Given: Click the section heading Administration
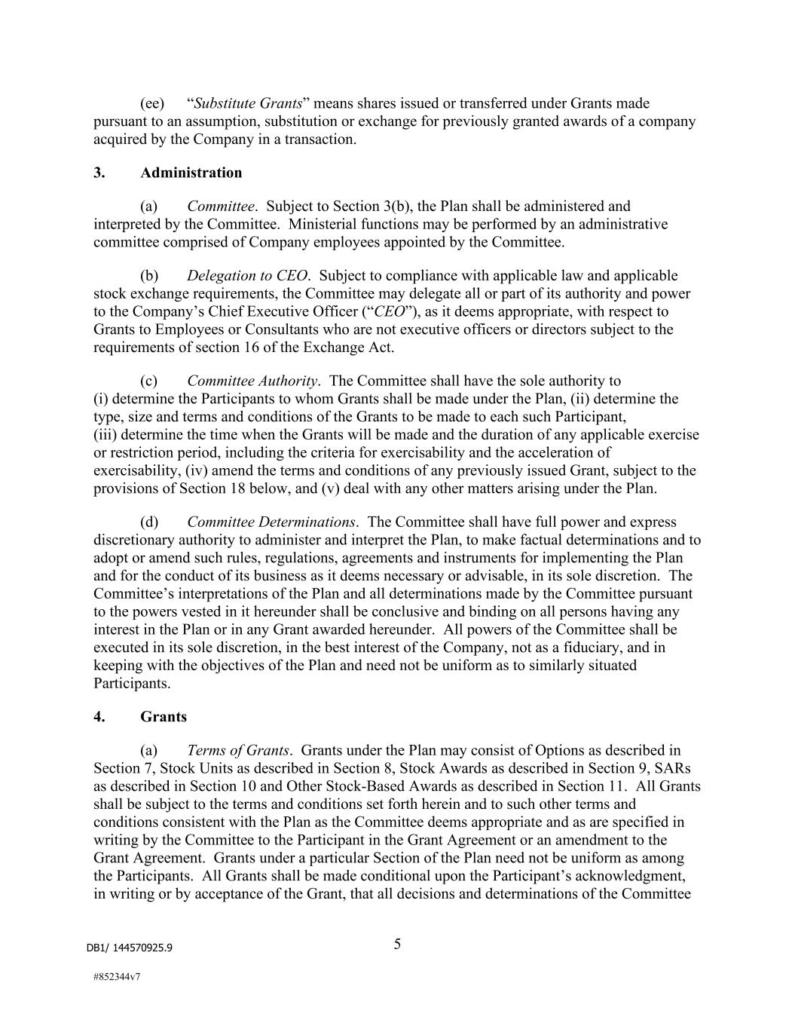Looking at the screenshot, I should pyautogui.click(x=191, y=173).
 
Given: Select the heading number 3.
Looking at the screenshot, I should pyautogui.click(x=99, y=173).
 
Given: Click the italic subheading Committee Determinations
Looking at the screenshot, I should pyautogui.click(x=271, y=522).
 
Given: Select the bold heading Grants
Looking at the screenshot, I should pyautogui.click(x=164, y=716).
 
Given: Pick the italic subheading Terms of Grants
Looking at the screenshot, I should pyautogui.click(x=237, y=750).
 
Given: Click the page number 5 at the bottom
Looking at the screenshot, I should pyautogui.click(x=397, y=944).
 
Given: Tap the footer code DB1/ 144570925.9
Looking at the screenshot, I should pyautogui.click(x=129, y=948).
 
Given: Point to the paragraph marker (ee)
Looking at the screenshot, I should pyautogui.click(x=152, y=103).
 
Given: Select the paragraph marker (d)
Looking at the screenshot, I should pyautogui.click(x=149, y=522).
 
